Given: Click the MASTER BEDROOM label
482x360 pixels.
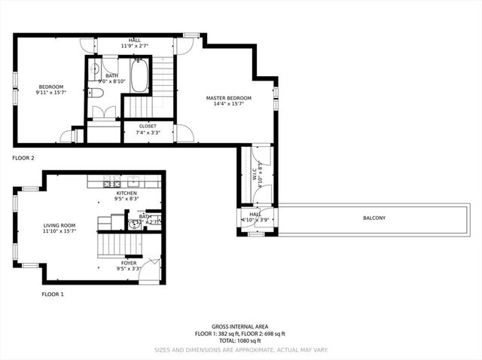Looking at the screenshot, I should pyautogui.click(x=229, y=98).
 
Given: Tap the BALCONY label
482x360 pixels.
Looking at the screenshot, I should pyautogui.click(x=374, y=218).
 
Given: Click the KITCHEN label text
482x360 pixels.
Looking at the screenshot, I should pyautogui.click(x=127, y=194).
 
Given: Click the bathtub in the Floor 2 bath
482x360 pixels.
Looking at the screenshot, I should pyautogui.click(x=140, y=75).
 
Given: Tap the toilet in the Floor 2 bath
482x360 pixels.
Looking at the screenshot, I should pyautogui.click(x=96, y=93).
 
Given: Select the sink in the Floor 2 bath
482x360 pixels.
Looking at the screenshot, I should pyautogui.click(x=95, y=71).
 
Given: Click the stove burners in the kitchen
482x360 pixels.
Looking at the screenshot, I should pyautogui.click(x=112, y=183).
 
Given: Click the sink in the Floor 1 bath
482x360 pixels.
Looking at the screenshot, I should pyautogui.click(x=135, y=224).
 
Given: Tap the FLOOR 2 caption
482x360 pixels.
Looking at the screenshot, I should pyautogui.click(x=23, y=158).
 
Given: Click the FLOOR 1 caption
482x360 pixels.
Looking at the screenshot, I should pyautogui.click(x=52, y=294).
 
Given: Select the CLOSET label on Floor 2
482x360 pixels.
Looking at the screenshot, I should pyautogui.click(x=148, y=126).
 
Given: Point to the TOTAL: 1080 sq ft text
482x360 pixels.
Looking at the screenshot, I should pyautogui.click(x=241, y=342).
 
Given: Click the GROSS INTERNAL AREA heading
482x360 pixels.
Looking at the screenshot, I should pyautogui.click(x=241, y=327).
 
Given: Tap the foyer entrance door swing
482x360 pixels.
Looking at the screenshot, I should pyautogui.click(x=152, y=269).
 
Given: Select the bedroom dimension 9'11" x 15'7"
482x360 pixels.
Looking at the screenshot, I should pyautogui.click(x=51, y=93).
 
